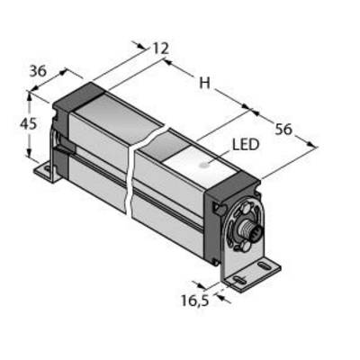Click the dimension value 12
(x=161, y=49)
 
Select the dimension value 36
(x=38, y=71)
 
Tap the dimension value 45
(x=28, y=124)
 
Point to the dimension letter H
(x=205, y=83)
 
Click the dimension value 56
(x=283, y=130)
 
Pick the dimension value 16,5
(x=194, y=301)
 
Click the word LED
(x=246, y=145)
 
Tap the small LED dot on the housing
(x=204, y=165)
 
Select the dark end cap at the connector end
(x=231, y=210)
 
